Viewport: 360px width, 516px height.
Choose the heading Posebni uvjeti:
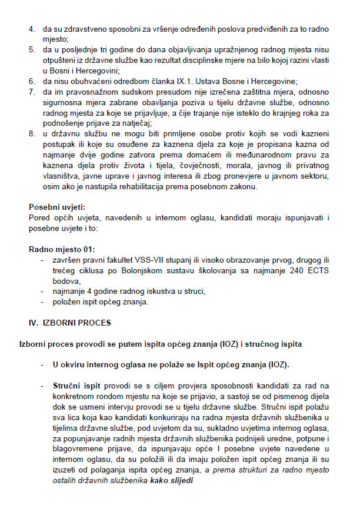coord(57,207)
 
